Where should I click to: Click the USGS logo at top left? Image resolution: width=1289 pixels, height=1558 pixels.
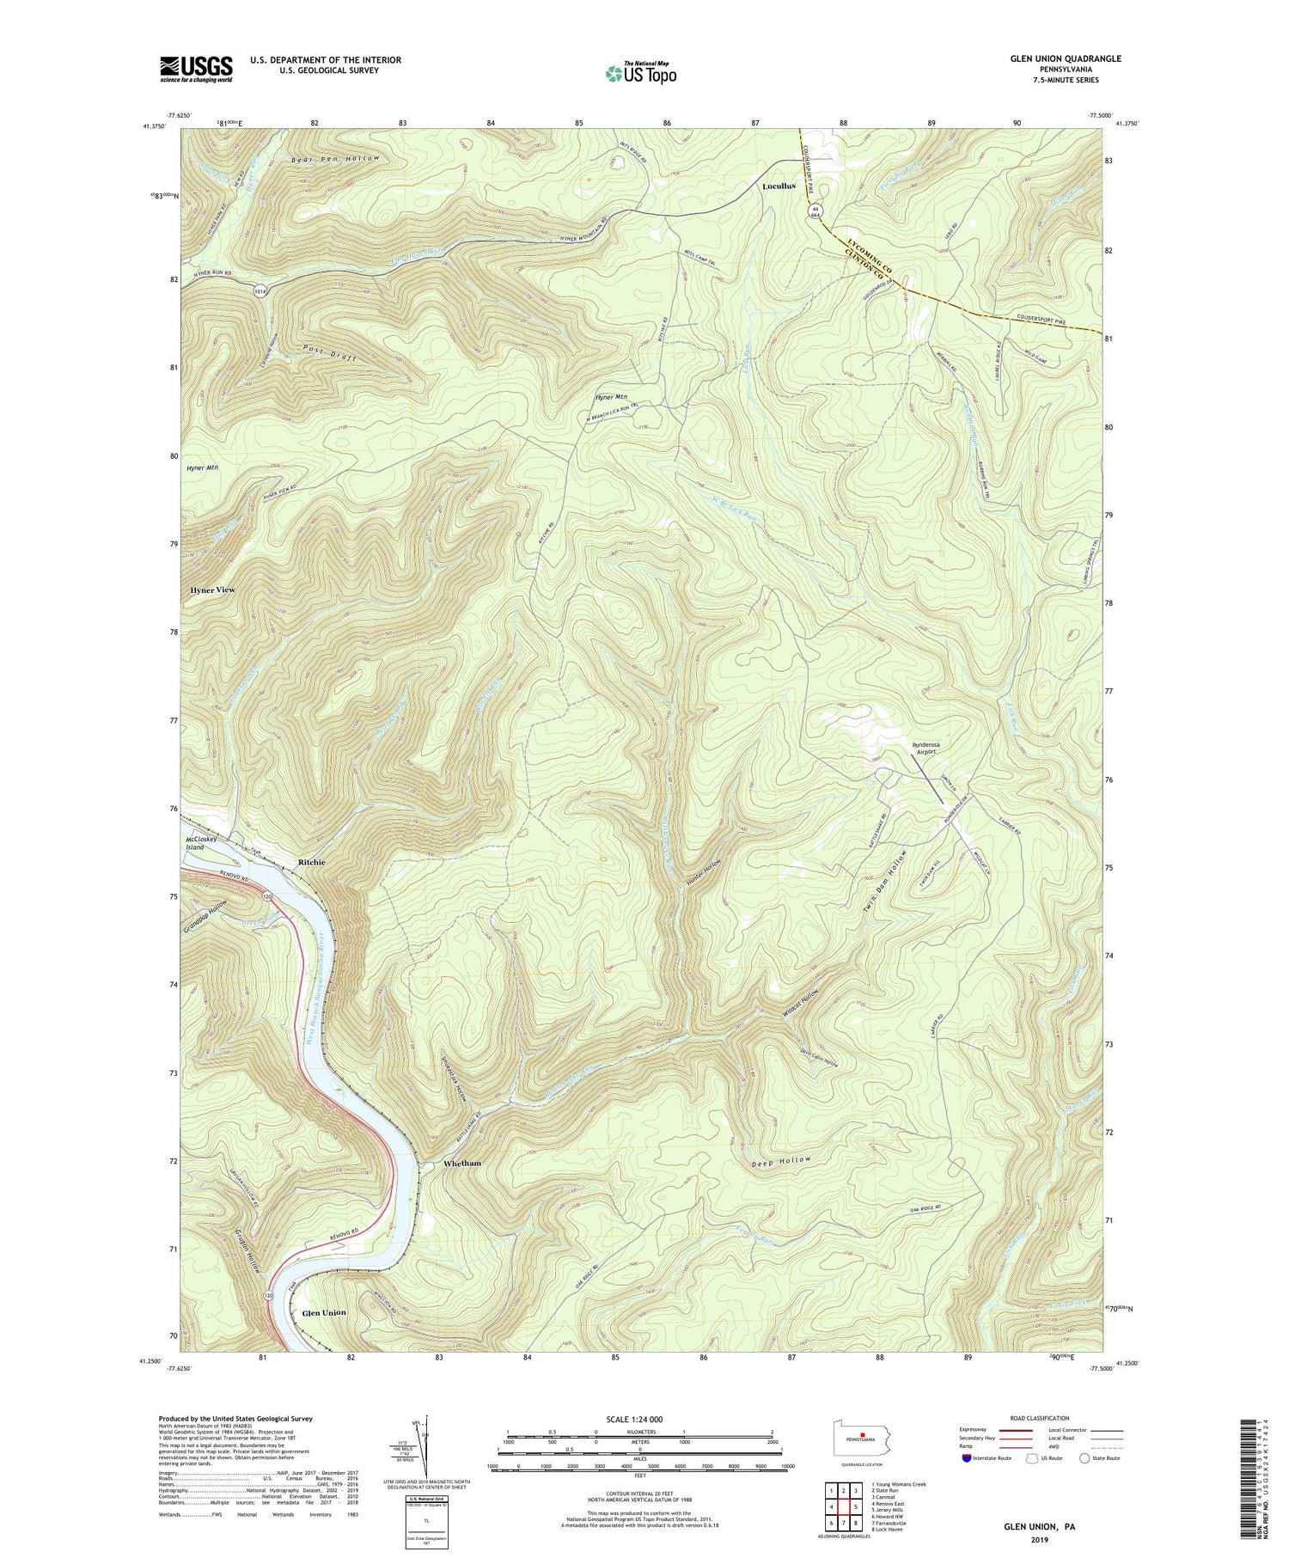[195, 69]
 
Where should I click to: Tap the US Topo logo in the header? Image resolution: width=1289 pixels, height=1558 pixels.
[639, 73]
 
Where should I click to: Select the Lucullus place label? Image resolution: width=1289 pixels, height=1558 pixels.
[779, 186]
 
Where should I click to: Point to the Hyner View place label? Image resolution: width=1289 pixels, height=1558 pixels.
[211, 590]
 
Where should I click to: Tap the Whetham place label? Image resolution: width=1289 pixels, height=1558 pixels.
[461, 1164]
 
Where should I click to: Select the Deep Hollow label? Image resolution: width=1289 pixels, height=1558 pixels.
[780, 1161]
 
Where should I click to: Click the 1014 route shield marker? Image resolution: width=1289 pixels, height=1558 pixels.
[260, 290]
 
